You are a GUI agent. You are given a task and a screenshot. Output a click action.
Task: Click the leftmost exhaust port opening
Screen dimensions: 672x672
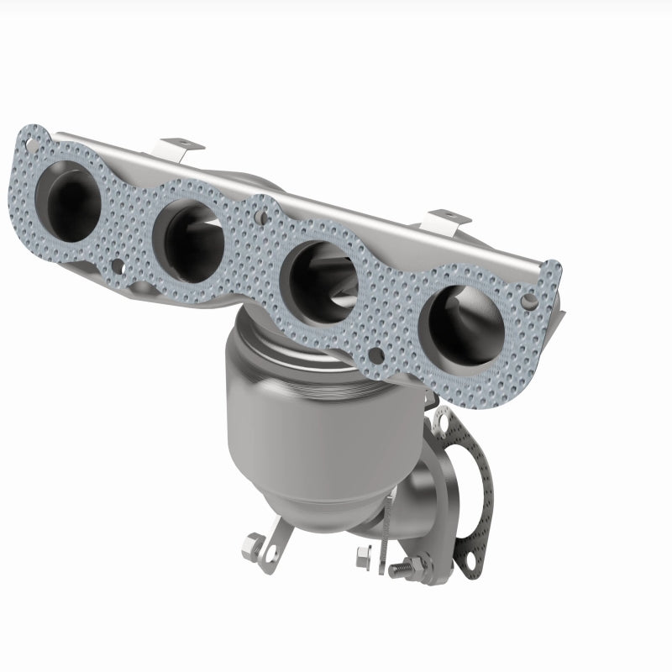click(x=67, y=194)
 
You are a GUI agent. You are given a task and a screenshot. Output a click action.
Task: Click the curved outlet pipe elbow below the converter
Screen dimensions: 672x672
click(x=412, y=504)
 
